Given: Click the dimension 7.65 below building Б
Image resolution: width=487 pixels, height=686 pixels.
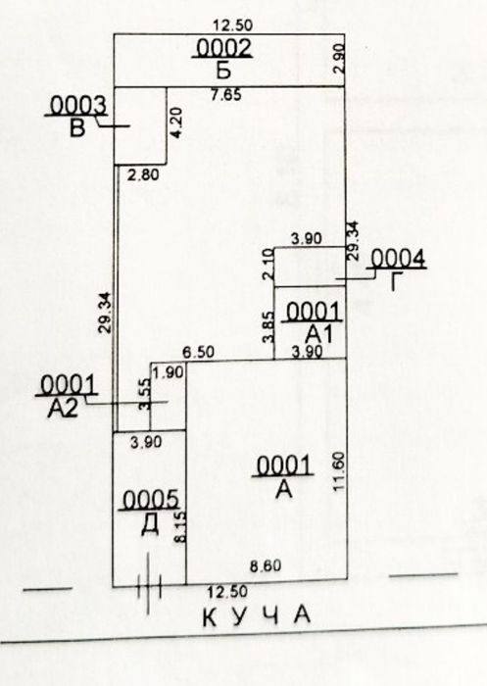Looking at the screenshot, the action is [225, 94].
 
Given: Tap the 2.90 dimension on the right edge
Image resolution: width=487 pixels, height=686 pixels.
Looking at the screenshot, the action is [340, 59].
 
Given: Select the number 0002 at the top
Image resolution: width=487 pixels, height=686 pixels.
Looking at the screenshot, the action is [223, 48].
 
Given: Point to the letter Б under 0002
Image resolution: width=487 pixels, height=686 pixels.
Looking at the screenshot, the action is [223, 70].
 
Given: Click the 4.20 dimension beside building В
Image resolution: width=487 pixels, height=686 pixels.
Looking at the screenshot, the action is [176, 122].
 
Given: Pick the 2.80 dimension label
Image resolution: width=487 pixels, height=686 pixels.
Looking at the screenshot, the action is [143, 175].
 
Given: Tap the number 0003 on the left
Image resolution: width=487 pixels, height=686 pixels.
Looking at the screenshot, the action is [77, 106].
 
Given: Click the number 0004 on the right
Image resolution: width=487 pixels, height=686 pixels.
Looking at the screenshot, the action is [397, 259].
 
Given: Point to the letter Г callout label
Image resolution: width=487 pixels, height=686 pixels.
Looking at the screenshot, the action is [395, 281].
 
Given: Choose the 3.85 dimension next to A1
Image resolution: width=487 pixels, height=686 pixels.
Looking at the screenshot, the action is [268, 326].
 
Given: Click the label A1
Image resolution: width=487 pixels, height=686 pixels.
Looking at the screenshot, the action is [319, 334].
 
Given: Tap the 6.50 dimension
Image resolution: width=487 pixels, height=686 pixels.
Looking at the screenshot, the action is [199, 353].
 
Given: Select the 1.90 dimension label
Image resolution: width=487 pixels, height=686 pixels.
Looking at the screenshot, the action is [168, 372].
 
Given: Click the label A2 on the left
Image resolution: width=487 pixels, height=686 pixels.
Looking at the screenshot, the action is [63, 409].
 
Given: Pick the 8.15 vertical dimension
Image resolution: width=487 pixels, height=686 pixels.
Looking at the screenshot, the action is [180, 527].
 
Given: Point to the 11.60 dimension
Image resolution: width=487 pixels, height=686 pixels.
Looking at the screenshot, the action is [339, 471].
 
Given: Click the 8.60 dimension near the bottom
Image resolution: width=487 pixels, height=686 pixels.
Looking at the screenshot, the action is [266, 566].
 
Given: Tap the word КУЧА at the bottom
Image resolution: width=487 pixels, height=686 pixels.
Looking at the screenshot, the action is [257, 616].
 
